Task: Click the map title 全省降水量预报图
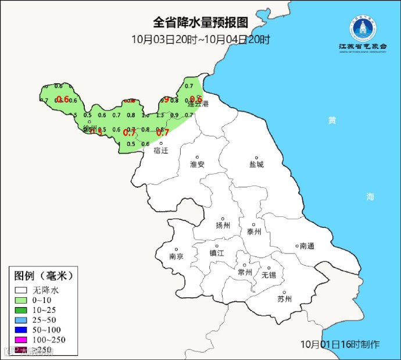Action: coord(200,23)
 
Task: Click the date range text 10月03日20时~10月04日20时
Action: coord(200,40)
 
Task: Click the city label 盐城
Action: coord(256,165)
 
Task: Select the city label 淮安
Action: coord(198,165)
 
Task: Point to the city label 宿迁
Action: coord(160,150)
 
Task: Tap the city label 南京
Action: coord(176,256)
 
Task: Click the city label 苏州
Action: coord(284,300)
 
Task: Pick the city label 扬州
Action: coord(223,226)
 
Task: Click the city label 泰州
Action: coord(255,231)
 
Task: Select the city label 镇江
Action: coord(217,253)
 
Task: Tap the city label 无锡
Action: coord(268,275)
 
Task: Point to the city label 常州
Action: coord(245,272)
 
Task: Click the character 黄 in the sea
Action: coord(331,120)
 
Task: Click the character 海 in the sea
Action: coord(370,197)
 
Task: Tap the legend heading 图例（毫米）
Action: coord(44,275)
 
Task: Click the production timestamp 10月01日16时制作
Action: coord(340,344)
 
